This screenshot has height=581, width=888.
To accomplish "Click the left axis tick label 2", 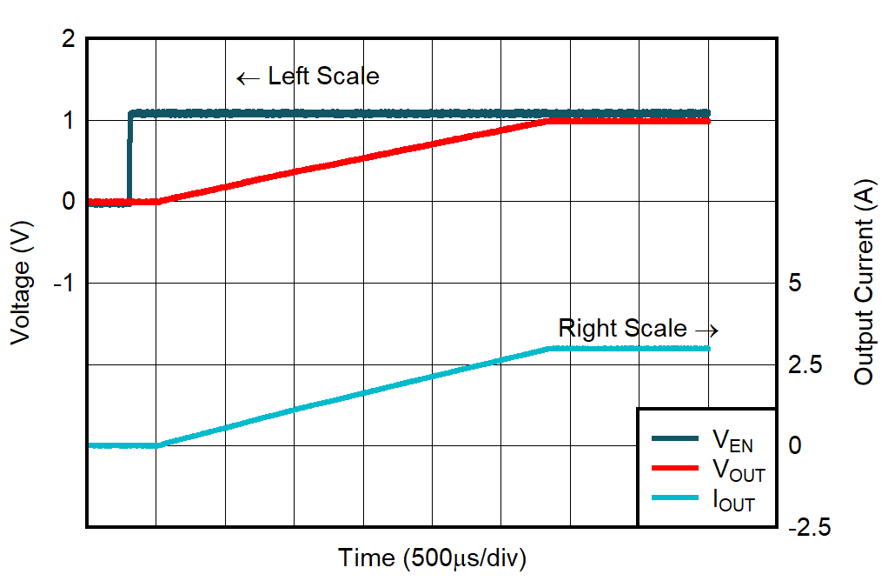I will coord(68,39).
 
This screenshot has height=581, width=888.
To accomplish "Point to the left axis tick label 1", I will coord(68,120).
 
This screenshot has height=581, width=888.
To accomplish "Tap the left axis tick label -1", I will coord(63,284).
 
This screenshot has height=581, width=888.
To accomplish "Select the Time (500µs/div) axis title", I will coord(433,558).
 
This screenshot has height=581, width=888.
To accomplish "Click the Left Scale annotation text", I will coord(323,77).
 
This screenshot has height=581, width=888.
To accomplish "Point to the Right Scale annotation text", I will coord(622,329).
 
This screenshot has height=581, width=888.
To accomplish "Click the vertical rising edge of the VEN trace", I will coord(129,157).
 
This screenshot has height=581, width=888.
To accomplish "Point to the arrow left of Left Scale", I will coord(249,78).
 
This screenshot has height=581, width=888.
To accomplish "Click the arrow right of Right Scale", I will coord(707,331).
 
